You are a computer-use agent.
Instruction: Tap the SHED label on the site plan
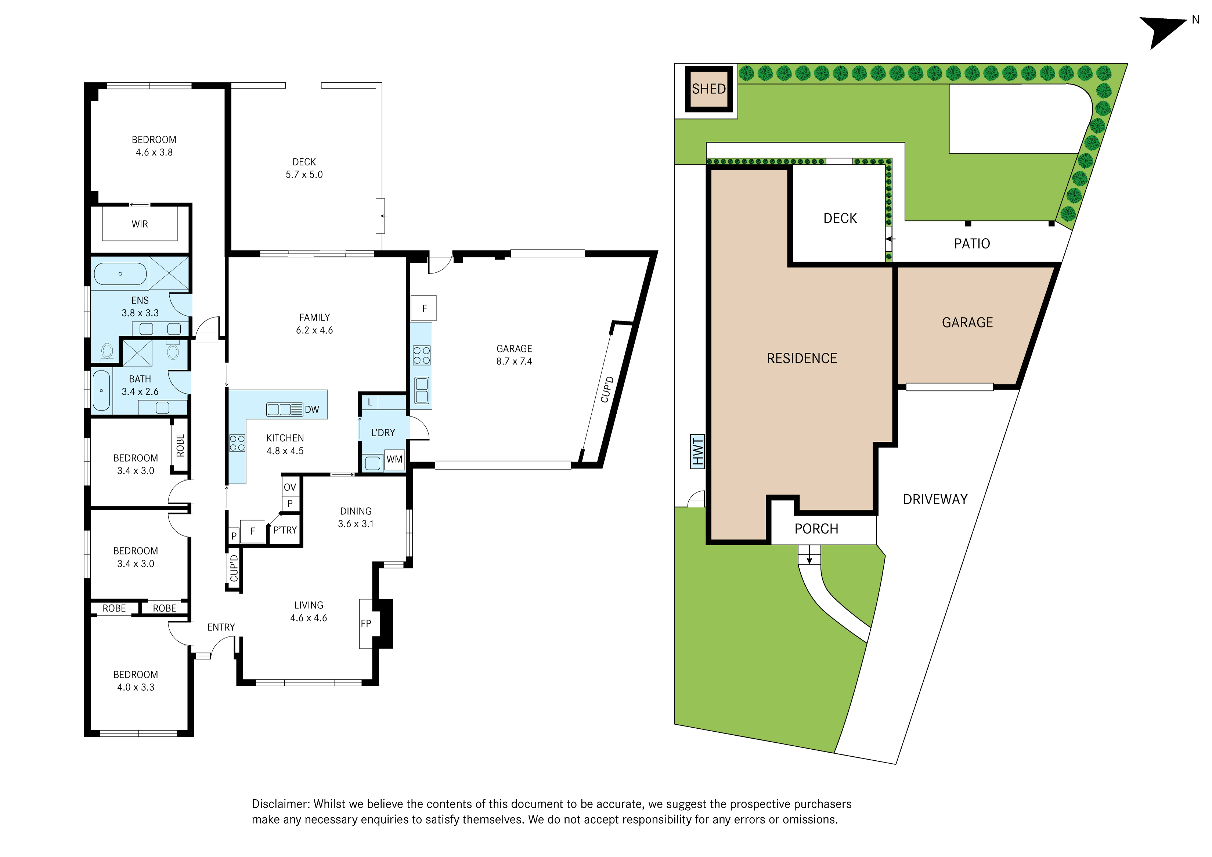708,89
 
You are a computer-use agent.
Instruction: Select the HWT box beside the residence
697,452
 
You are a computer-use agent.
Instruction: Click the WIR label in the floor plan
140,224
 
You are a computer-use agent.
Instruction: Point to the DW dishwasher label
312,409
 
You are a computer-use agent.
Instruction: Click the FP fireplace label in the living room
366,623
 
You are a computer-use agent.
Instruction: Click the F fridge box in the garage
424,308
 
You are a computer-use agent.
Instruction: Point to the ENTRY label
221,627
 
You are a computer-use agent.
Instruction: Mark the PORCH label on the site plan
816,528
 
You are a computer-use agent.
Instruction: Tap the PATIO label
972,243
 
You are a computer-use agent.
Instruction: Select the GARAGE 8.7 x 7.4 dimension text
514,355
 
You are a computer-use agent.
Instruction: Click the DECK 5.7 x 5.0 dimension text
304,168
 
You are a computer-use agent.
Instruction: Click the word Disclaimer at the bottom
280,804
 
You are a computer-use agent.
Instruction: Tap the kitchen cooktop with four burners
237,443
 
